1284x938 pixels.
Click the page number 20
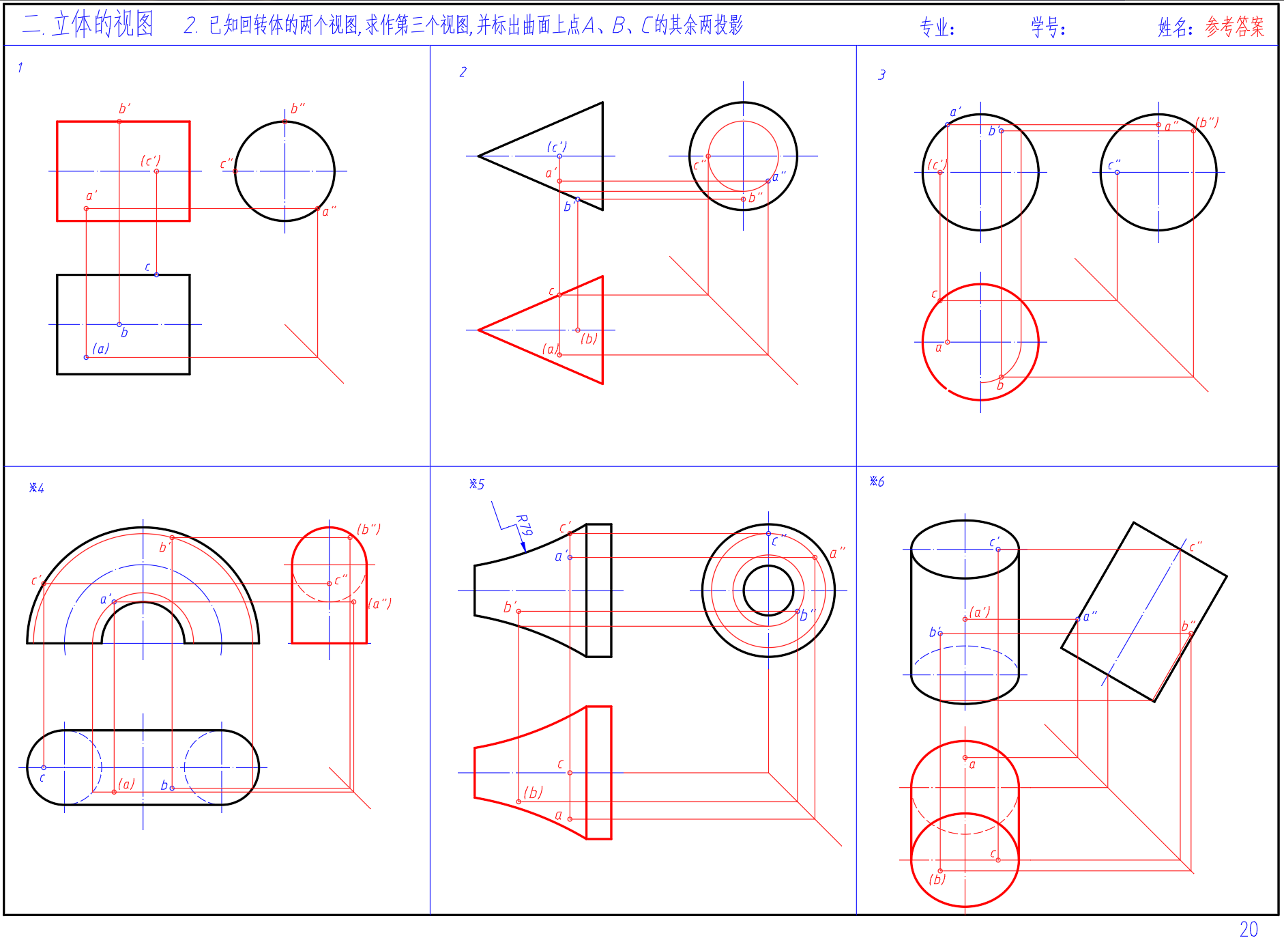(x=1249, y=928)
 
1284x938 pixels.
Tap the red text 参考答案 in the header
(x=1234, y=27)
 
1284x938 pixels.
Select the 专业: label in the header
(x=937, y=27)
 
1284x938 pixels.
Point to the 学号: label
(x=1048, y=27)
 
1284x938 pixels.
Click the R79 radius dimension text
(x=523, y=524)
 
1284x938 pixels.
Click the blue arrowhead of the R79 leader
(x=523, y=546)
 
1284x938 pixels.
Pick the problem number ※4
(x=36, y=487)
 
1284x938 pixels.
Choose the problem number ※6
(x=877, y=481)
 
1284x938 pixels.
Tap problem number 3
(x=881, y=74)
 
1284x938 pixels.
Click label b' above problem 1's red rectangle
(x=124, y=109)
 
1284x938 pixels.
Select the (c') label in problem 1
(x=151, y=160)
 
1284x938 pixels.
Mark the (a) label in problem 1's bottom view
(x=101, y=348)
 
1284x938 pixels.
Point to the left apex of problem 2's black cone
(x=478, y=156)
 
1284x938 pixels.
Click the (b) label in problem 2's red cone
(x=589, y=339)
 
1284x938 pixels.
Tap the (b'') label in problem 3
(x=1207, y=122)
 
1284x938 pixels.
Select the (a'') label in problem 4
(x=380, y=603)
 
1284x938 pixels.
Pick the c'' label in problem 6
(x=1195, y=546)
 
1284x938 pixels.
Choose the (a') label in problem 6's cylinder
(x=980, y=612)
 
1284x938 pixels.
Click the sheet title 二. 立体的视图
(x=87, y=25)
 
